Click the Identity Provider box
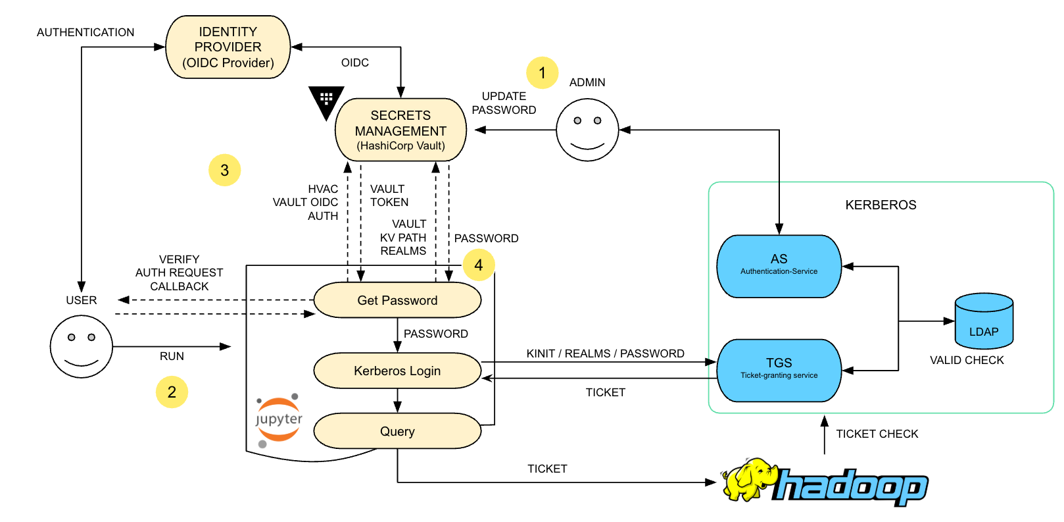point(228,47)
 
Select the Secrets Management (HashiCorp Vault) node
point(400,130)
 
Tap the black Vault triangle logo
point(326,101)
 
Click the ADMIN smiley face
point(587,130)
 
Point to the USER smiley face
point(82,346)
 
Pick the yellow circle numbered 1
point(543,73)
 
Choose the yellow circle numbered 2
point(172,392)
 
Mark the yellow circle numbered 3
point(224,170)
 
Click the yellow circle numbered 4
point(479,265)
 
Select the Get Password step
point(397,300)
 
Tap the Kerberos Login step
point(397,371)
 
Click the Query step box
point(397,431)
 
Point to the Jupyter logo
point(279,419)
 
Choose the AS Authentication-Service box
point(779,266)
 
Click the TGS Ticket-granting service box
point(779,370)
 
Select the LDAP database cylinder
point(984,321)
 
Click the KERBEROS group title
point(881,205)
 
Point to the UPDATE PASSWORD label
point(504,103)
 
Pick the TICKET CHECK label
point(877,434)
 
